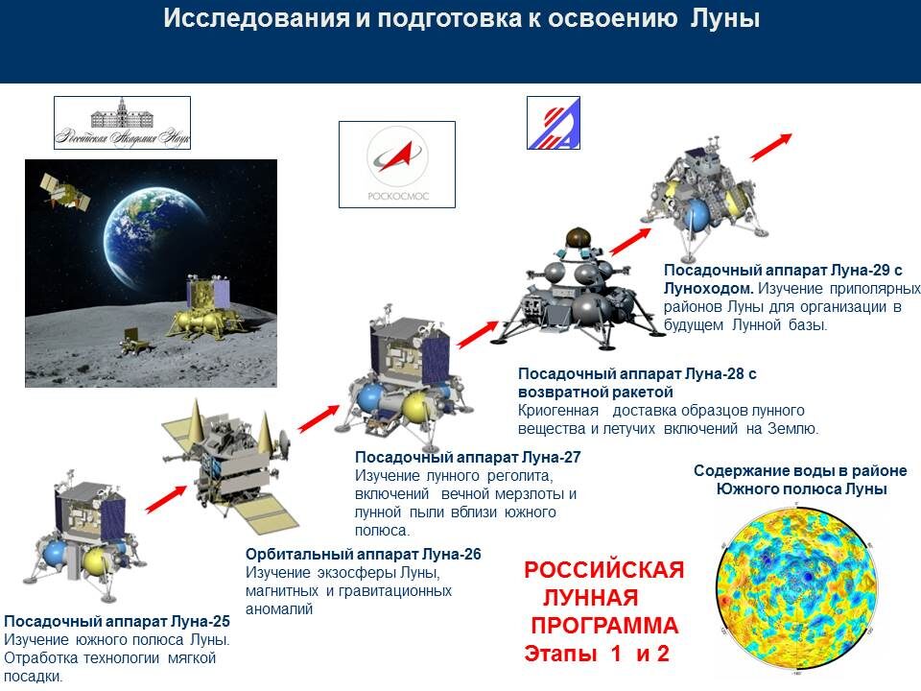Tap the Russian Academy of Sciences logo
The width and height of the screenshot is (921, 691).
point(122,122)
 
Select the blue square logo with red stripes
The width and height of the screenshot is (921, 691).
point(554,123)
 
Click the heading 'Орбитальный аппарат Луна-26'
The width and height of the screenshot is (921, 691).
point(363,555)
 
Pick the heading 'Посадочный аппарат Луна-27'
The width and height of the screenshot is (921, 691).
point(468,457)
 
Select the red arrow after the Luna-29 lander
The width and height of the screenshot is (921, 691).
point(771,146)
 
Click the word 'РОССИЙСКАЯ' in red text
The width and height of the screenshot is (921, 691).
point(603,571)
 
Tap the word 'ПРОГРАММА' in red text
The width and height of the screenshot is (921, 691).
point(604,627)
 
